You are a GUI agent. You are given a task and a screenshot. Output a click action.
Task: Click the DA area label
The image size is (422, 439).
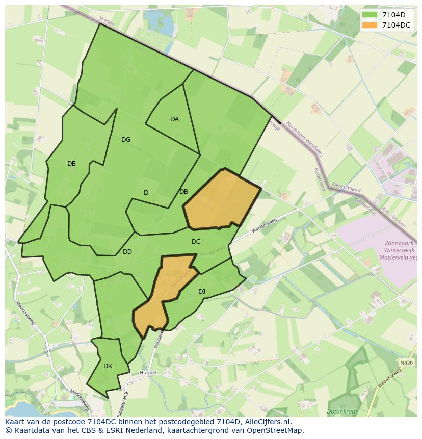pos(174,119)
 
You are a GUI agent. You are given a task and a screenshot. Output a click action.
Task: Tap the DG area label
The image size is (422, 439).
pos(126,140)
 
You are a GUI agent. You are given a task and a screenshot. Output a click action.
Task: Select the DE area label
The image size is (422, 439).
pos(71,164)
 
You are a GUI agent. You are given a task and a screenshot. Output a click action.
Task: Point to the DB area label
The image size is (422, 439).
pos(183,192)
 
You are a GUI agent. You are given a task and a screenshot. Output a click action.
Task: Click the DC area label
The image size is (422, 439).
pos(196,242)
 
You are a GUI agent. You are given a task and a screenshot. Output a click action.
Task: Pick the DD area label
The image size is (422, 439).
pos(127,252)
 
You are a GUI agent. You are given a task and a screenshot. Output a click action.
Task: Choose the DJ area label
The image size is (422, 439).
pos(202,292)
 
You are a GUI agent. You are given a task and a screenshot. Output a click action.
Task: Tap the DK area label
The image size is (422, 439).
pos(108,366)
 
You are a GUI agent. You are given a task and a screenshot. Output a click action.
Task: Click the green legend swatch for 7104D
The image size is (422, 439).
pos(370,15)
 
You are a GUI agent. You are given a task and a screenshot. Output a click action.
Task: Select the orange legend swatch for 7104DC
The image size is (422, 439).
pos(370,25)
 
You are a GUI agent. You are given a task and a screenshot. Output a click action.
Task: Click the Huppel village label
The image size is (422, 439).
pos(148,373)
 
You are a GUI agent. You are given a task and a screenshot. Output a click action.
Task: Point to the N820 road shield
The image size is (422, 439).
pos(406,363)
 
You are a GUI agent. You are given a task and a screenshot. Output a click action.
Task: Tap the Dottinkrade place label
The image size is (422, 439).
pos(344,411)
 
